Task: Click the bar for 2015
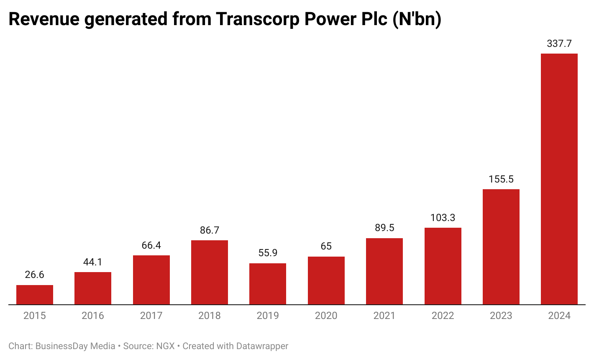(x=35, y=295)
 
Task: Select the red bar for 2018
(x=210, y=272)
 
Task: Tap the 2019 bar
(x=268, y=284)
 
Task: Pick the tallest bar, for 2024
(x=559, y=179)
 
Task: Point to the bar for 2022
(x=443, y=266)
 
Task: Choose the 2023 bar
(x=501, y=247)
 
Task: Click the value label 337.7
(x=559, y=44)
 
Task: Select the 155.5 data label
(x=501, y=179)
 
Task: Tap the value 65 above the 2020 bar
(x=326, y=246)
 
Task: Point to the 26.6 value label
(x=35, y=275)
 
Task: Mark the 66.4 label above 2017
(x=151, y=245)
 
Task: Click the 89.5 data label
(x=384, y=228)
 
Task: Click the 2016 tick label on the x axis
(x=93, y=316)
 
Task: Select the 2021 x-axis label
(x=384, y=316)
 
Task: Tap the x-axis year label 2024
(x=559, y=316)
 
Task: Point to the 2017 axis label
(x=151, y=316)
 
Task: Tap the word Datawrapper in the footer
(x=262, y=346)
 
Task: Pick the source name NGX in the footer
(x=165, y=346)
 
